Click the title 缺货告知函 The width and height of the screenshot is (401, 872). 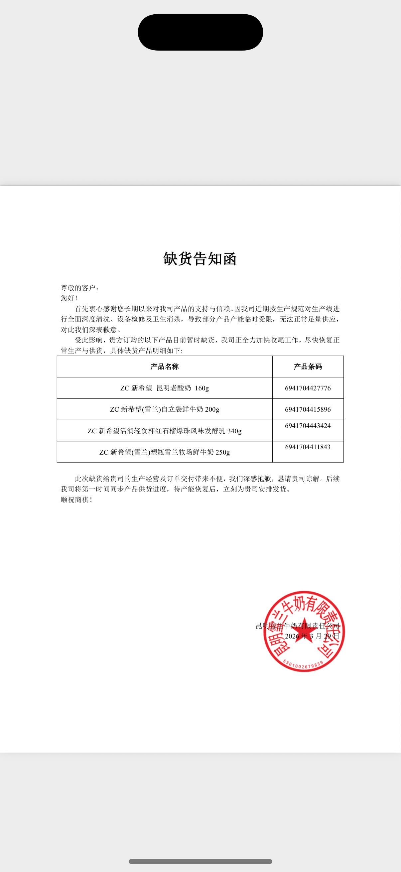pos(200,259)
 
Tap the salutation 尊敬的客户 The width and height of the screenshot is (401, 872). pos(79,288)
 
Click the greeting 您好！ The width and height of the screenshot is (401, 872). pos(69,298)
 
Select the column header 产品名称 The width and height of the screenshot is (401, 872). pos(165,366)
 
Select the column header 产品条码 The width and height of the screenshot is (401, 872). pos(308,366)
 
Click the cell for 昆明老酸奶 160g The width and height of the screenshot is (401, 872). pos(165,388)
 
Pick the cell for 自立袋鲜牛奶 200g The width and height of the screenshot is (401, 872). pos(165,409)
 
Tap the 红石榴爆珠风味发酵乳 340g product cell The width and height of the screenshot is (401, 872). pos(165,431)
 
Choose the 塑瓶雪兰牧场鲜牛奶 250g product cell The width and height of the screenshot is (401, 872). pos(165,452)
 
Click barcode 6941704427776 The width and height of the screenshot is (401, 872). pos(308,388)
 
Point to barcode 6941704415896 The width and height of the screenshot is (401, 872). pos(308,409)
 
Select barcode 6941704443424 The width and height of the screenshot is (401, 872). pos(308,426)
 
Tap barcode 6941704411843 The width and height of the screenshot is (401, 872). pos(308,447)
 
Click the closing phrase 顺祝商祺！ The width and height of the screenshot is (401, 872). pos(76,500)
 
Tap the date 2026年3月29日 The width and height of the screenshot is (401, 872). pos(312,637)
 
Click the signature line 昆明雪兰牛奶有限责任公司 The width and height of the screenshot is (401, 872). pos(298,626)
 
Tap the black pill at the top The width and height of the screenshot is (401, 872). pos(200,32)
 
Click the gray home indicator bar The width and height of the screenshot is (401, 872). pos(200,861)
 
